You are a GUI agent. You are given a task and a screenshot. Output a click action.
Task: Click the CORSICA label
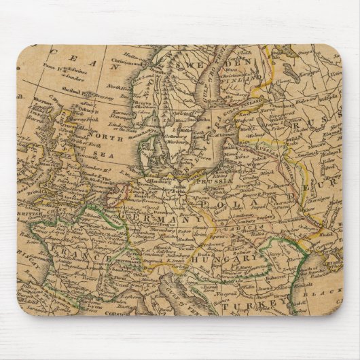126,310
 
